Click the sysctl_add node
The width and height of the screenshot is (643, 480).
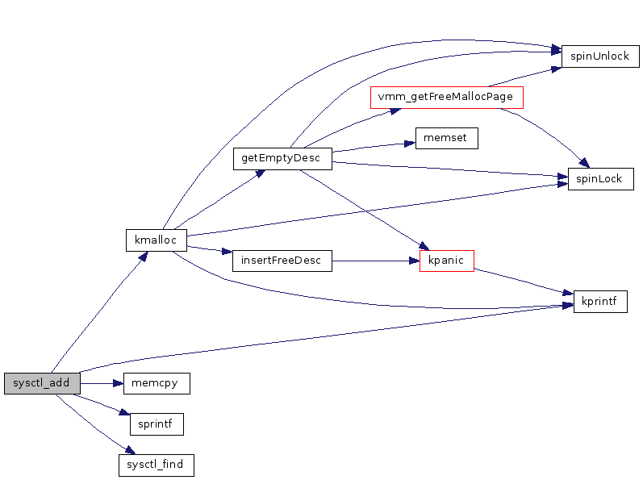(x=42, y=383)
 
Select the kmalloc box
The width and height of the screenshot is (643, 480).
(x=157, y=240)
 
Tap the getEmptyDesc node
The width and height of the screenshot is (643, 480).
(x=282, y=158)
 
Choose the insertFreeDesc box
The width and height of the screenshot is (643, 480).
(x=282, y=261)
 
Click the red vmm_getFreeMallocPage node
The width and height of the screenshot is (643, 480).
(x=446, y=98)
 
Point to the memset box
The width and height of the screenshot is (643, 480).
(x=446, y=138)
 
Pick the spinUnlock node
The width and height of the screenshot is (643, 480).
(x=600, y=56)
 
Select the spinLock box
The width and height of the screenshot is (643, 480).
(x=600, y=179)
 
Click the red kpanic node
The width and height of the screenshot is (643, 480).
(x=446, y=261)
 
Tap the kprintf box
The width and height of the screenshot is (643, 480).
(x=600, y=302)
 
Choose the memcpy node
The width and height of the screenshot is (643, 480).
(x=157, y=383)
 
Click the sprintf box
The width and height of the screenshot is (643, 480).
(x=157, y=424)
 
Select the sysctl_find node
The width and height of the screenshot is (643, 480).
(x=157, y=465)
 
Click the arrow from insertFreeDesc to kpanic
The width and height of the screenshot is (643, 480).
(x=375, y=261)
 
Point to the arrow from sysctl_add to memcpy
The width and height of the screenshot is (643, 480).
(x=102, y=383)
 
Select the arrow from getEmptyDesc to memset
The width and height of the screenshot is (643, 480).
(x=371, y=146)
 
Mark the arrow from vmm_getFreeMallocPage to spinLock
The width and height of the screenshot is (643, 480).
(x=545, y=132)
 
